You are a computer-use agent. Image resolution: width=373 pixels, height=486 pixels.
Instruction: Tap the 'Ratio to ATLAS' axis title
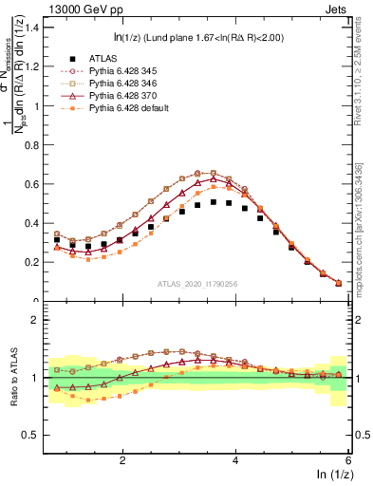click(x=10, y=377)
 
